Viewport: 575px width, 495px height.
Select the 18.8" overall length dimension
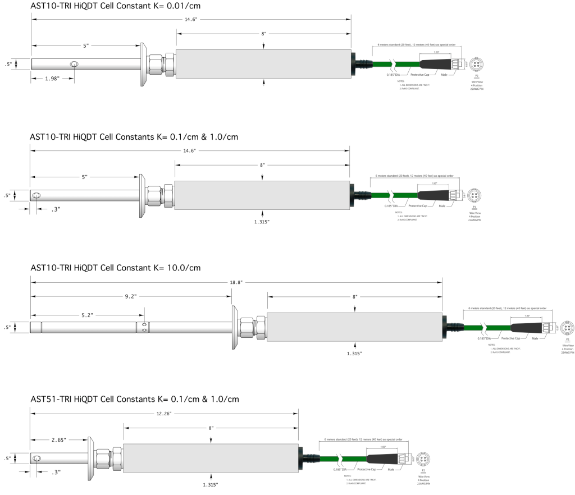coord(236,283)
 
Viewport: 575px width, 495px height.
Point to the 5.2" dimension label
coord(87,315)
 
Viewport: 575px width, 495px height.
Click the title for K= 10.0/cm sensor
coord(115,268)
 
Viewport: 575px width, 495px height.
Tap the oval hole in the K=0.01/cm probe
coord(74,65)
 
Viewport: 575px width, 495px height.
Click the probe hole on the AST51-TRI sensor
coord(36,459)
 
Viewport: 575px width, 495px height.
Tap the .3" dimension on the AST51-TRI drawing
coord(55,472)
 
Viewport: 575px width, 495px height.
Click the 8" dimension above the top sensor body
coord(263,34)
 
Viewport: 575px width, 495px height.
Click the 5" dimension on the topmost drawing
coord(85,45)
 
